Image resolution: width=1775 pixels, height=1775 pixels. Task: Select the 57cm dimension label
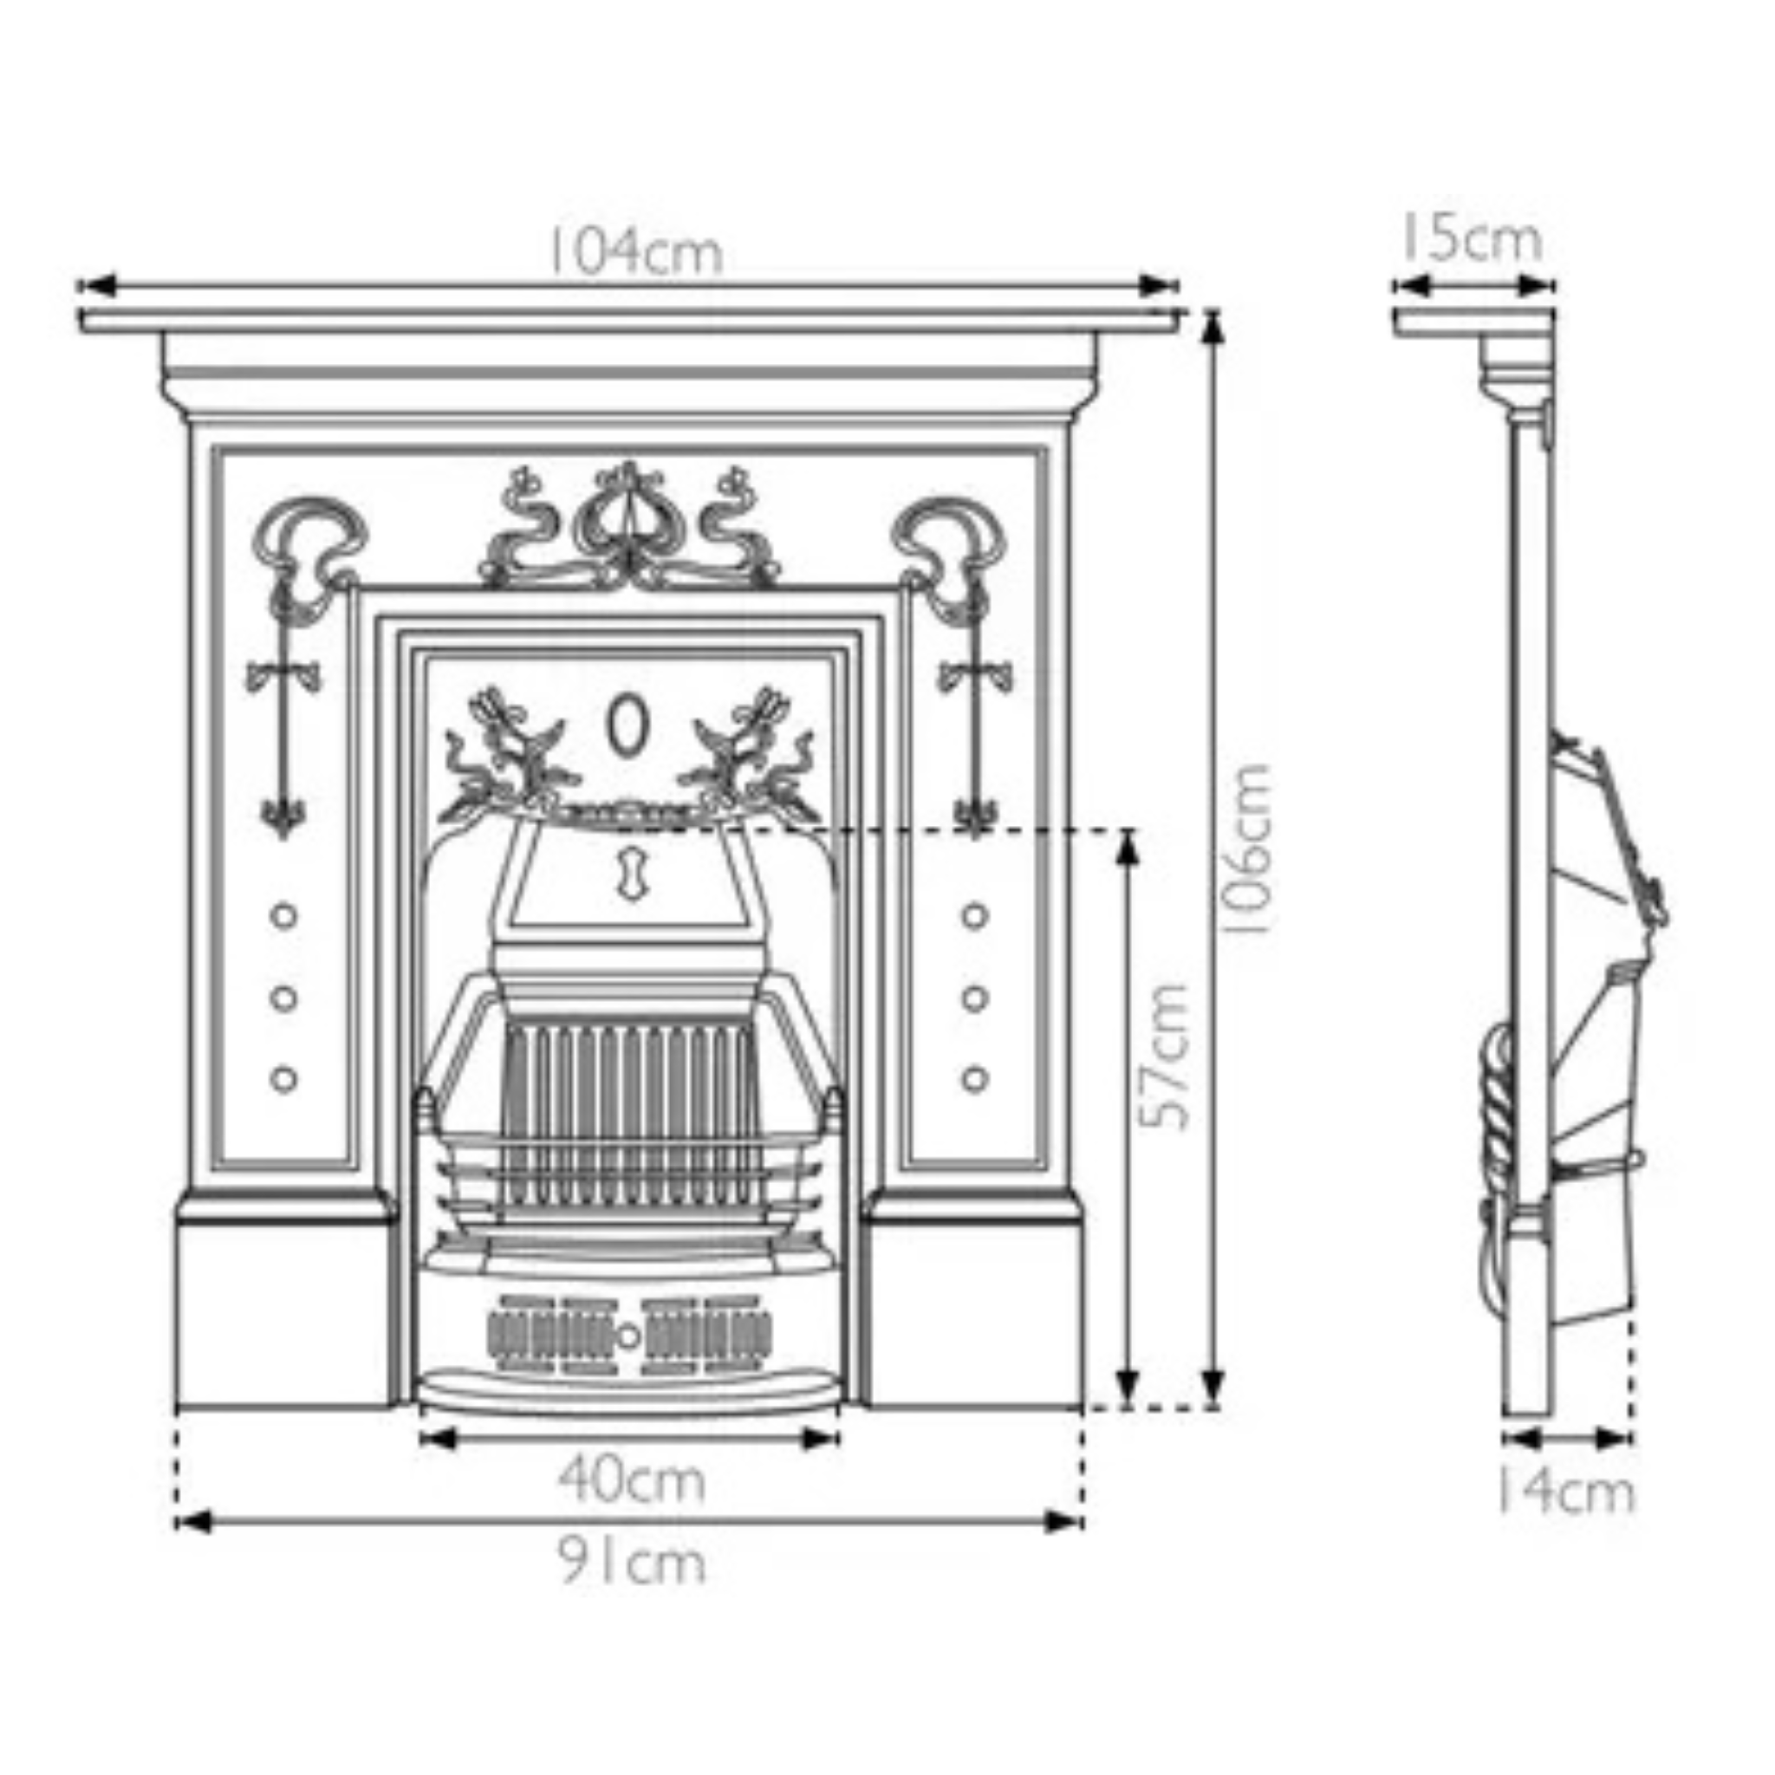(1165, 1056)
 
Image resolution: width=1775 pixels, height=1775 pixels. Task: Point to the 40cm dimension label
(632, 1481)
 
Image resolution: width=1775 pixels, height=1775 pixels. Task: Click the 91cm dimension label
(632, 1562)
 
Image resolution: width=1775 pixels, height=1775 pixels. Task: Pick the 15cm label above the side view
(1471, 239)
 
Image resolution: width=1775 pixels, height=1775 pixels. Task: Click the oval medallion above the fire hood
(628, 725)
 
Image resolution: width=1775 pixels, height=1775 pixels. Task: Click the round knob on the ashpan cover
(628, 1336)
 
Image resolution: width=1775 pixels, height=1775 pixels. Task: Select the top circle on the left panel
(284, 916)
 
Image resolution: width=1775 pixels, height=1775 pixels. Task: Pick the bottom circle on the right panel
(975, 1078)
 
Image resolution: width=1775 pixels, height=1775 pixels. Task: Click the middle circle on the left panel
(284, 998)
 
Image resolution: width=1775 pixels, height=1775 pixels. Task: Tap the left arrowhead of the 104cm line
(96, 285)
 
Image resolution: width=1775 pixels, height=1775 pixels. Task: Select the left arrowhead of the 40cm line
(438, 1439)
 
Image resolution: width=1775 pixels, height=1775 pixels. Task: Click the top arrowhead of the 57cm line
(1128, 850)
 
